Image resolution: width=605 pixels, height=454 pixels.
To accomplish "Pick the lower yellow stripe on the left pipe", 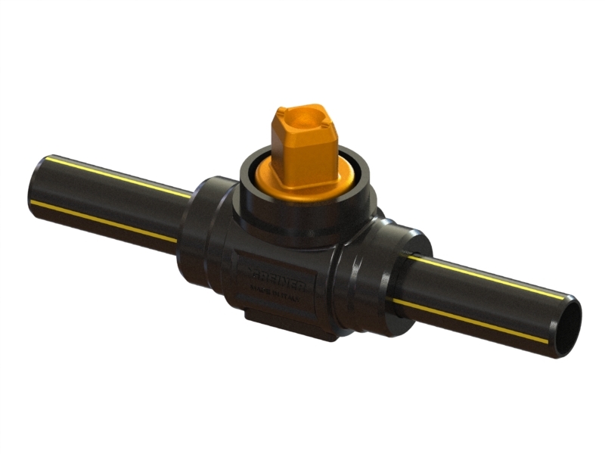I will (x=106, y=220).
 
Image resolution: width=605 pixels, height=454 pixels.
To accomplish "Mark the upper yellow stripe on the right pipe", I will (x=484, y=276).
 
